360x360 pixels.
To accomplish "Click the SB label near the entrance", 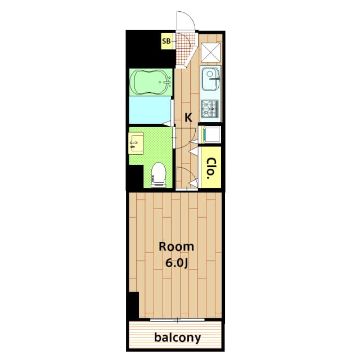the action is (166, 41).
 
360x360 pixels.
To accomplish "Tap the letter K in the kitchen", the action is (188, 118).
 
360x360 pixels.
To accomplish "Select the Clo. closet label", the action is (210, 168).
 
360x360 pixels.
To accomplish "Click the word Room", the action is (176, 247).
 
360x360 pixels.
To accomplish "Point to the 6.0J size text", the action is (177, 263).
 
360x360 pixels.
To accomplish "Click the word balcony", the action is (178, 337).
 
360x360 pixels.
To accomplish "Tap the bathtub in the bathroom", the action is (151, 82).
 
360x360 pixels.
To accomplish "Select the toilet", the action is (159, 174).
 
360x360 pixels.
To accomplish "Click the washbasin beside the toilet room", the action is (136, 144).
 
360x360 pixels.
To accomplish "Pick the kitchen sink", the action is (210, 78).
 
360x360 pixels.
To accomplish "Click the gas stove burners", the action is (210, 109).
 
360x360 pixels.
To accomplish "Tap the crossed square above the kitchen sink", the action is (210, 52).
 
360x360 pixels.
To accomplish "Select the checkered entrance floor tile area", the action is (184, 49).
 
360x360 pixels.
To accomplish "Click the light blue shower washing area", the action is (150, 110).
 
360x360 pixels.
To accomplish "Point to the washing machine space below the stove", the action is (211, 134).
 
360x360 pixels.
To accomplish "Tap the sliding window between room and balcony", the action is (177, 319).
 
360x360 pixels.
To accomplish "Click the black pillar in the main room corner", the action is (134, 305).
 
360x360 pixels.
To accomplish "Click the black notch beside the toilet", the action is (136, 176).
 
